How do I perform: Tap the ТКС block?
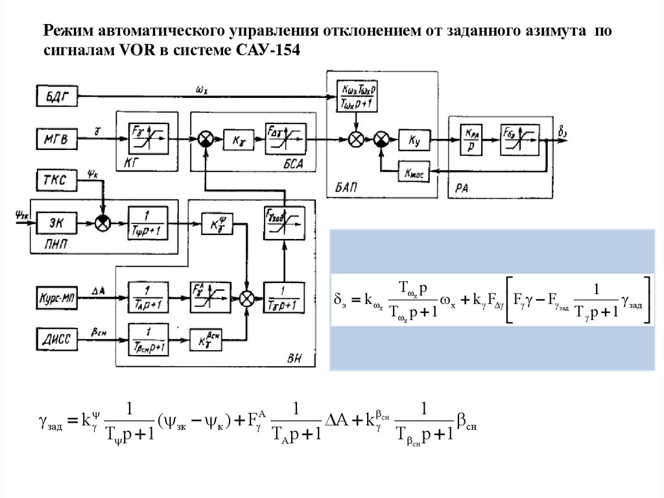[x=55, y=180]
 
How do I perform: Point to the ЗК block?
[x=55, y=223]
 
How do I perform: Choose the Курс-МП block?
[x=55, y=299]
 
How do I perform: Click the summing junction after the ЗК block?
[x=102, y=223]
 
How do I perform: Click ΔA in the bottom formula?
[x=337, y=420]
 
